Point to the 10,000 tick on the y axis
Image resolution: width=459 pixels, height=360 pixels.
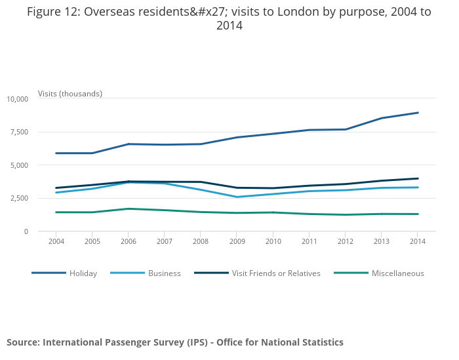coord(17,99)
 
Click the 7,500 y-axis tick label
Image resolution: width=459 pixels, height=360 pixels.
coord(19,132)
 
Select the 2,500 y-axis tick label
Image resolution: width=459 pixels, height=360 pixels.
coord(19,198)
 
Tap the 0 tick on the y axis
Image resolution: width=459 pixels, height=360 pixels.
coord(26,231)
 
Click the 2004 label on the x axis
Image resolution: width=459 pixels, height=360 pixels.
coord(56,241)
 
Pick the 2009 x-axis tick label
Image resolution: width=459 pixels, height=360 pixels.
coord(237,241)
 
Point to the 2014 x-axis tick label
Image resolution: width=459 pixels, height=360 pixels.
coord(418,241)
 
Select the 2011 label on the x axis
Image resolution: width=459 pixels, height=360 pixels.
coord(309,241)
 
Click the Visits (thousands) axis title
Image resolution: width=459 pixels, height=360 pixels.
coord(70,94)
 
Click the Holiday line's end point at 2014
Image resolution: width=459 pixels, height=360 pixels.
coord(418,113)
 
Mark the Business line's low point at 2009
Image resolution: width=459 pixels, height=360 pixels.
coord(237,197)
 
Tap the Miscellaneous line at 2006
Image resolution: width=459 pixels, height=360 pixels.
coord(129,209)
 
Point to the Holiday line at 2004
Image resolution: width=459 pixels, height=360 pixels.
coord(56,153)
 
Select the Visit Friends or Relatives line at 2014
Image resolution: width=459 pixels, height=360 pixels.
coord(418,178)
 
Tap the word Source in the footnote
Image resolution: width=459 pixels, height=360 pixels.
coord(22,342)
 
